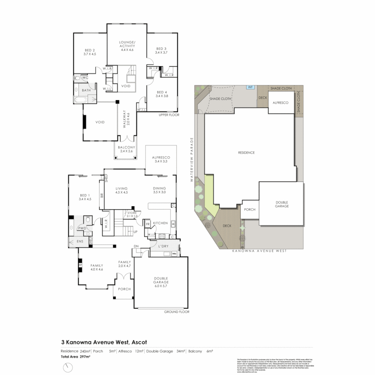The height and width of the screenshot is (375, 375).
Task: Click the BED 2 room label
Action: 89,52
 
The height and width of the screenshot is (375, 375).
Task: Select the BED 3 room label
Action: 161,50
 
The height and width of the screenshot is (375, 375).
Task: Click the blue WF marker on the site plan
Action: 249,87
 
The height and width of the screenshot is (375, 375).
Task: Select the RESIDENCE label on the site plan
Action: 246,153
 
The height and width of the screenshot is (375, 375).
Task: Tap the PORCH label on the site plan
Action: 250,209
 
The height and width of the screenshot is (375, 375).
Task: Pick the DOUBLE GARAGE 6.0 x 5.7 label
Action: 161,282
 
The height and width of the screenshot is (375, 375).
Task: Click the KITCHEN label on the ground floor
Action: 160,223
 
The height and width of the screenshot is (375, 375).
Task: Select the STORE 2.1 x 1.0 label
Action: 132,214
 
